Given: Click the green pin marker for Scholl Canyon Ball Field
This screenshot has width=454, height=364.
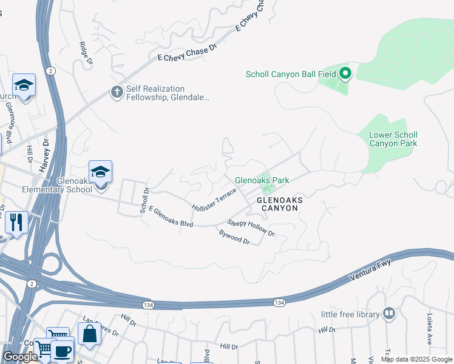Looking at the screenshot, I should click(x=345, y=74).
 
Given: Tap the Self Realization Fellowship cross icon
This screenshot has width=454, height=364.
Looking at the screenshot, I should click(x=117, y=92).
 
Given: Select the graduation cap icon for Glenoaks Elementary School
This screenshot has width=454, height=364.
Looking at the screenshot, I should click(x=100, y=171).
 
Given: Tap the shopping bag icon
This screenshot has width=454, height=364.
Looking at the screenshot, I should click(x=89, y=334).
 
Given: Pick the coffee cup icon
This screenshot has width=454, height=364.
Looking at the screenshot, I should click(x=62, y=351).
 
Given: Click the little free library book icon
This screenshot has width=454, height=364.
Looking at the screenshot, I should click(x=388, y=314).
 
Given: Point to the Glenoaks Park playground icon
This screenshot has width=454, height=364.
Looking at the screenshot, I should click(x=264, y=180).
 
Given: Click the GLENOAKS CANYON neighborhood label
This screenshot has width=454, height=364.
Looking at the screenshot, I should click(x=277, y=203).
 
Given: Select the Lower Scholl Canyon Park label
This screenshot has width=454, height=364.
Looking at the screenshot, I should click(x=393, y=139).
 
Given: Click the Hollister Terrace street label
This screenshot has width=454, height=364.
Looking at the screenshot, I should click(x=214, y=200).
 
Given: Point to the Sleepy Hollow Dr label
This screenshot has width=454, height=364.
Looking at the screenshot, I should click(x=251, y=228).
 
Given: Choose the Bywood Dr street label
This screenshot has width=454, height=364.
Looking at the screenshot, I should click(x=234, y=237).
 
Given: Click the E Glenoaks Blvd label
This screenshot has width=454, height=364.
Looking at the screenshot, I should click(x=171, y=216).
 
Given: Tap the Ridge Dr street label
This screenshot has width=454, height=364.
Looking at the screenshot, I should click(x=86, y=53).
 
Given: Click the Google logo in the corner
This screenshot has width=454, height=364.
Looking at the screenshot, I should click(x=20, y=357).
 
